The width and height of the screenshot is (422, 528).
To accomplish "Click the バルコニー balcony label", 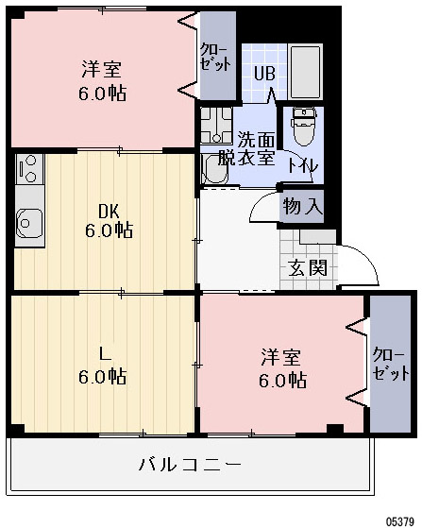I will point(190,464).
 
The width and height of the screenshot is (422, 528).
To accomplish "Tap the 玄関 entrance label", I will point(308,267).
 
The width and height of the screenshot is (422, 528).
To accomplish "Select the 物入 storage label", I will point(302,206).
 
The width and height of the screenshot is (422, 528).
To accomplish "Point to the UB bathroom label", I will point(263,72).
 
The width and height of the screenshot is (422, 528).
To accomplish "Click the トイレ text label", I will point(302,164).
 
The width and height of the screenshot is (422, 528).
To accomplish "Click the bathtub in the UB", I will point(305,71).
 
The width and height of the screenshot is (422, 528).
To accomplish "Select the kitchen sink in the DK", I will point(29,223).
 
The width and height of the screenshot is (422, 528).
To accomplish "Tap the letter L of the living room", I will point(103,355).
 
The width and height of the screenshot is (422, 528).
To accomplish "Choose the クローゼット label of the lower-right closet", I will point(385,364).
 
